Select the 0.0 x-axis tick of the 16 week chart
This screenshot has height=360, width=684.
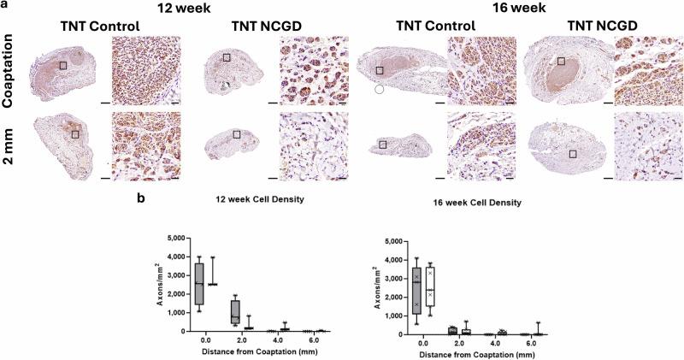pyautogui.click(x=423, y=343)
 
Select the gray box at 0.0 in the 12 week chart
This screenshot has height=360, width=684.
pyautogui.click(x=199, y=283)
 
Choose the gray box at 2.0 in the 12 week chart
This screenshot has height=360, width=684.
pyautogui.click(x=235, y=311)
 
